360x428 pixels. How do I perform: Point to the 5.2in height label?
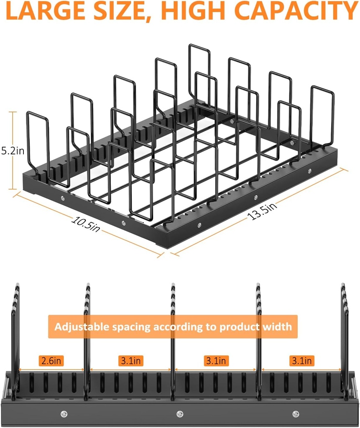(13, 151)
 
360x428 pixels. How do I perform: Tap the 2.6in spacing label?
(51, 361)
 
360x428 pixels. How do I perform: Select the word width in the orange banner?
(275, 326)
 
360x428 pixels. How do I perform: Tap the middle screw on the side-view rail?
(180, 414)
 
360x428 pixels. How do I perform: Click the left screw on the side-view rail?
(64, 414)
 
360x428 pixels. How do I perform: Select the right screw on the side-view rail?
(296, 414)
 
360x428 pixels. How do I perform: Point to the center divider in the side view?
(173, 334)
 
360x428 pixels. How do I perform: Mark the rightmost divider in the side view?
(344, 334)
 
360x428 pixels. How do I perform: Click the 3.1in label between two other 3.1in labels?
(215, 361)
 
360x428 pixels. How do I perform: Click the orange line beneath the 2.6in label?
(51, 370)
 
